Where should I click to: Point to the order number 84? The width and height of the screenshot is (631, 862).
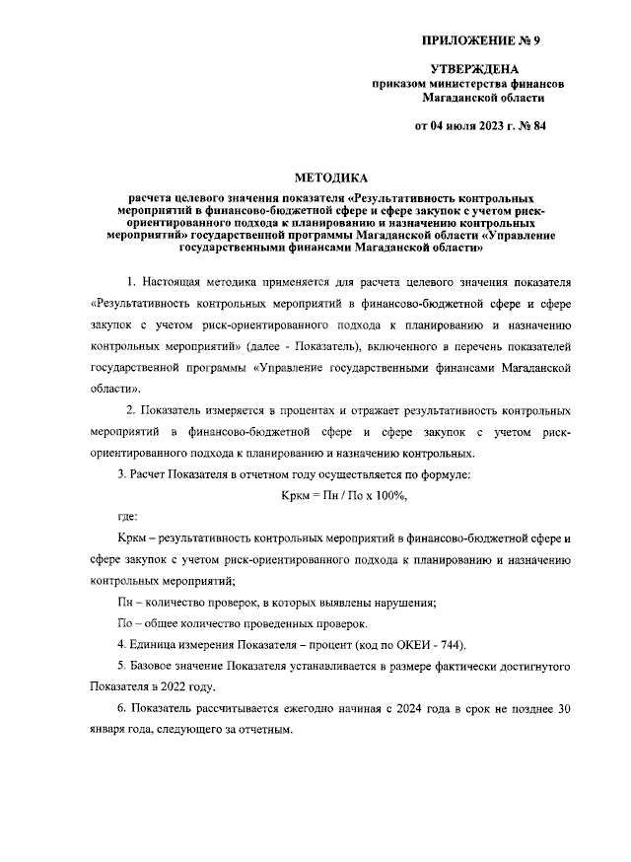pos(537,125)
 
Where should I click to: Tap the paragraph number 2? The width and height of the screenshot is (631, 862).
pos(132,409)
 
